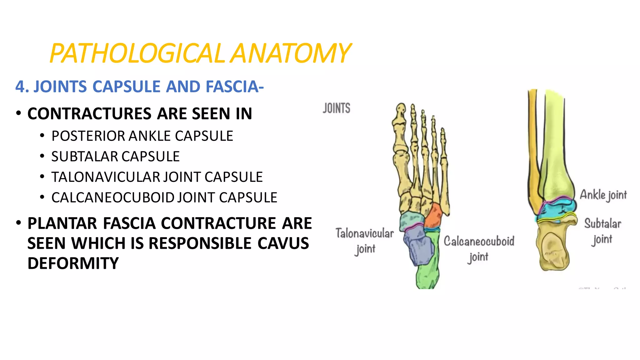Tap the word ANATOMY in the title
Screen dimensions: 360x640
pyautogui.click(x=291, y=53)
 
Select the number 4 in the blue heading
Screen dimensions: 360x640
pyautogui.click(x=20, y=87)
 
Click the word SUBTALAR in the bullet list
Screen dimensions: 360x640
pyautogui.click(x=84, y=157)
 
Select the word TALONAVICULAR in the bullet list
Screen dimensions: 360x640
pyautogui.click(x=106, y=177)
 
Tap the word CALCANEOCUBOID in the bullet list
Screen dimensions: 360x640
pyautogui.click(x=113, y=197)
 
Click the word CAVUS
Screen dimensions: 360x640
pyautogui.click(x=283, y=243)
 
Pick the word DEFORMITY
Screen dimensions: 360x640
pyautogui.click(x=73, y=263)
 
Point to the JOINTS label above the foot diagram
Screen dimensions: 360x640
pyautogui.click(x=337, y=108)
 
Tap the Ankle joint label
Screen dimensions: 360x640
pyautogui.click(x=603, y=195)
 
